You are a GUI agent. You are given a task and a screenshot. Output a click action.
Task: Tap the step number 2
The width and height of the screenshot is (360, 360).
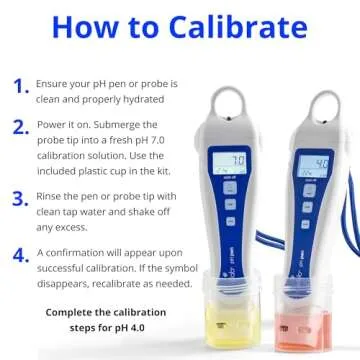tap(20, 127)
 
